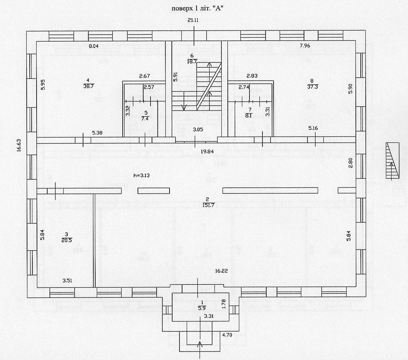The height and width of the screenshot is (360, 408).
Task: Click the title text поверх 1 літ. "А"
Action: [x=197, y=9]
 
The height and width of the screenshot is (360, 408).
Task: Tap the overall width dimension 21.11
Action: [x=193, y=20]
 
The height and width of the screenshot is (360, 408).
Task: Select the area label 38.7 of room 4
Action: [x=88, y=86]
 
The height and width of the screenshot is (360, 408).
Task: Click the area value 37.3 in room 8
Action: [x=312, y=87]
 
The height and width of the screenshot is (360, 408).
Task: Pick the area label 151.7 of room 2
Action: [x=208, y=205]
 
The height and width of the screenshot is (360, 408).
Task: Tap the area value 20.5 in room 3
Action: [x=67, y=240]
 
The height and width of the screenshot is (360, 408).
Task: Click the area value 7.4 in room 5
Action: [x=145, y=118]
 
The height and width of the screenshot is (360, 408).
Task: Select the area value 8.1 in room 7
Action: [x=249, y=116]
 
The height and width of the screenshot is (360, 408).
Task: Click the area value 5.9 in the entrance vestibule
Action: [x=202, y=308]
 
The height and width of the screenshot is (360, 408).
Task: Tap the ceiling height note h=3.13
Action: [x=141, y=175]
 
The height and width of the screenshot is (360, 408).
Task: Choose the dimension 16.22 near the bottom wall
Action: [x=221, y=271]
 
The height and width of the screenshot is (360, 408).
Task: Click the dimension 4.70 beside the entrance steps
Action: [x=227, y=335]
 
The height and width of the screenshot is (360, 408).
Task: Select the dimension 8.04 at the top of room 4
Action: [x=93, y=46]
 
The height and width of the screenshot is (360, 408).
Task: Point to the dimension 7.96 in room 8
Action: [x=305, y=46]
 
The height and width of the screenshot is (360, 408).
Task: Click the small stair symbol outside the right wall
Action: [x=393, y=160]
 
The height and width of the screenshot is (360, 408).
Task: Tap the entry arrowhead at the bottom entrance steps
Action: [x=200, y=344]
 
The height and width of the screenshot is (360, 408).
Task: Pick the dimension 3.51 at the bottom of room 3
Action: [x=67, y=280]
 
